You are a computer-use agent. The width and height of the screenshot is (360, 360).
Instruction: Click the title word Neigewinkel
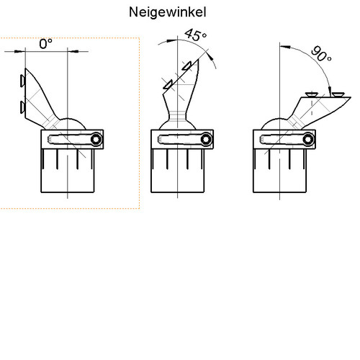(x=168, y=12)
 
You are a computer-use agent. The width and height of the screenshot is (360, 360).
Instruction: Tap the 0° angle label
(x=45, y=44)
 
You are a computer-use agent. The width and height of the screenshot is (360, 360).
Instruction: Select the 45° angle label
(x=195, y=35)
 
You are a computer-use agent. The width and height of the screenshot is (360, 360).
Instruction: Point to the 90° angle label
(x=321, y=54)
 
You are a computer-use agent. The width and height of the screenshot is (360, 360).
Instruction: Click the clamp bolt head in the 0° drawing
(x=96, y=139)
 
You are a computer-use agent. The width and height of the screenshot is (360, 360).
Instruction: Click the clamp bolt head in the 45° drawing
(x=207, y=140)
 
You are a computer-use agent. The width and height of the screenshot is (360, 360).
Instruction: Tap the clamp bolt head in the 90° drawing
(x=308, y=140)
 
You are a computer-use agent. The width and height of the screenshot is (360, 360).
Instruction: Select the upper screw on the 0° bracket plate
(x=22, y=80)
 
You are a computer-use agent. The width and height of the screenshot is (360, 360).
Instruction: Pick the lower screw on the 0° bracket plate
(x=22, y=107)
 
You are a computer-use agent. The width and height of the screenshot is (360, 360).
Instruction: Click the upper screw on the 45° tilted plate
(x=186, y=66)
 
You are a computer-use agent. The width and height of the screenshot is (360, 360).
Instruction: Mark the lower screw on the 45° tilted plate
(x=168, y=84)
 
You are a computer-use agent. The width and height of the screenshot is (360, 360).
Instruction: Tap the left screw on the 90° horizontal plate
(x=311, y=94)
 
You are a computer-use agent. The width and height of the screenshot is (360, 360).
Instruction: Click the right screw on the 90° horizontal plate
(x=338, y=94)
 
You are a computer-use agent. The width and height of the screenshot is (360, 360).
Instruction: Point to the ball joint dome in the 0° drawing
(x=72, y=123)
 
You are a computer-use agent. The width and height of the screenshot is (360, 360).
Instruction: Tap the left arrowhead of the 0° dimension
(x=20, y=51)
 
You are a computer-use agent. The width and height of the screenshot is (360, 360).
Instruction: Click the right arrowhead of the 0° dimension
(x=73, y=51)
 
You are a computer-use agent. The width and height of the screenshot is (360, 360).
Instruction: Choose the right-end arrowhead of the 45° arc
(x=210, y=58)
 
